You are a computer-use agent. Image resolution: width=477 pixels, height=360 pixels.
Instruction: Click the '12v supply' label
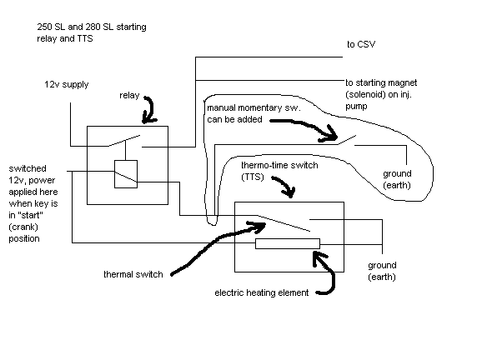pyautogui.click(x=67, y=84)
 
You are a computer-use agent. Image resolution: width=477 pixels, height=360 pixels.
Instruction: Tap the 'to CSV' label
pyautogui.click(x=361, y=44)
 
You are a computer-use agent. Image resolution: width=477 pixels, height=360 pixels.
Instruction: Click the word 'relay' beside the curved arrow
pyautogui.click(x=129, y=96)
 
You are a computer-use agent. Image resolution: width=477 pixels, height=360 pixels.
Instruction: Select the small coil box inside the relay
pyautogui.click(x=126, y=174)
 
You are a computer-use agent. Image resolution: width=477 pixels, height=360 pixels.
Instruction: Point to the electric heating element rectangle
pyautogui.click(x=288, y=244)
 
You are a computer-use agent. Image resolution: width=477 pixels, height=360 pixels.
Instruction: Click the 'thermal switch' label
pyautogui.click(x=133, y=274)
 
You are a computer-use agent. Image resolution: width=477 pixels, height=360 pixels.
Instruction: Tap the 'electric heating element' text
pyautogui.click(x=262, y=292)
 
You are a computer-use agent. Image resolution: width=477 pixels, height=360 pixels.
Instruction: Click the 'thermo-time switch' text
pyautogui.click(x=279, y=165)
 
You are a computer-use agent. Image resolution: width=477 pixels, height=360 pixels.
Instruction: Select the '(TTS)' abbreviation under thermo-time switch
pyautogui.click(x=253, y=177)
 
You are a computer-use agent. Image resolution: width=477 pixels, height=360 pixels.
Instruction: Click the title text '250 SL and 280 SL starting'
pyautogui.click(x=92, y=27)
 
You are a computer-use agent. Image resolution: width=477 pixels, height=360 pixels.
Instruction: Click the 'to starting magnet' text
pyautogui.click(x=381, y=82)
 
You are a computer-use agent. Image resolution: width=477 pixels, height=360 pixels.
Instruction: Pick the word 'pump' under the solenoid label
pyautogui.click(x=356, y=107)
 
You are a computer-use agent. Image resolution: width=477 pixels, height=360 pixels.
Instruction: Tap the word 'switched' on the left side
pyautogui.click(x=28, y=168)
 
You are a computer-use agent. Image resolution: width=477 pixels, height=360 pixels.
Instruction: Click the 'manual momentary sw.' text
pyautogui.click(x=254, y=108)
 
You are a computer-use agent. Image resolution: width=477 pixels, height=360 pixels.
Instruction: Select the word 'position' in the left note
pyautogui.click(x=24, y=238)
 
